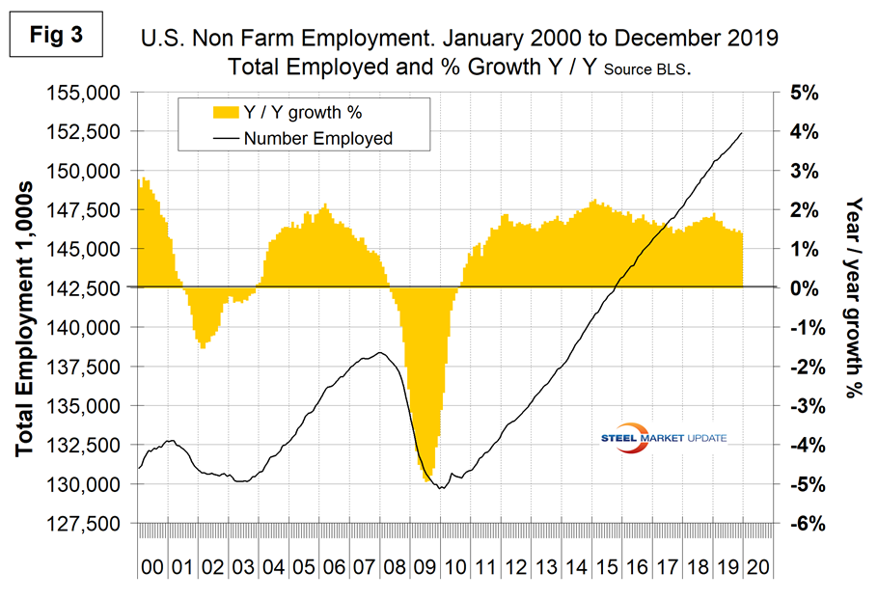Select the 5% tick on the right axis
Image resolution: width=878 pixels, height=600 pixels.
[807, 93]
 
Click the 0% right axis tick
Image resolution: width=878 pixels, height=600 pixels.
[807, 287]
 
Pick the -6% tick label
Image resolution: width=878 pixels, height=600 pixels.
[807, 523]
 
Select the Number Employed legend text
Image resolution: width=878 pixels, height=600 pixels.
[317, 138]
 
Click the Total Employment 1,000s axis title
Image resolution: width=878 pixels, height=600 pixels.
[26, 308]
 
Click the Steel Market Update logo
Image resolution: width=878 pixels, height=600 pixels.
[666, 436]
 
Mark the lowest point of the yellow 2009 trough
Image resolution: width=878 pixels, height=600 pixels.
[426, 481]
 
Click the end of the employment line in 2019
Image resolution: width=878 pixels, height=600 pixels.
[741, 133]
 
